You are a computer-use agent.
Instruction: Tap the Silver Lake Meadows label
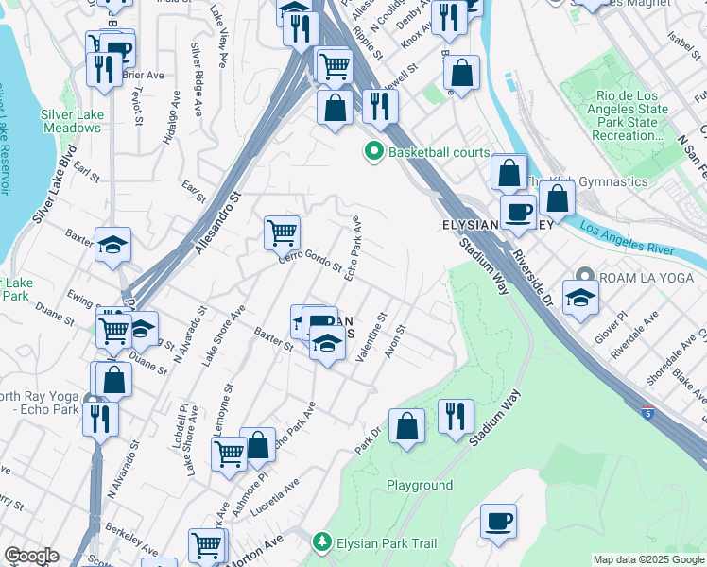coord(71,121)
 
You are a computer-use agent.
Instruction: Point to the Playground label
coord(420,485)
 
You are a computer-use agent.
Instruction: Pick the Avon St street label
coord(394,342)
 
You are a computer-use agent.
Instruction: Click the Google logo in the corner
coord(30,556)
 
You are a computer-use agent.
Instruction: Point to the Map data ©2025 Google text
coord(648,559)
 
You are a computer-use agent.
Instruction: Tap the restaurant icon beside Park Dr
coord(456,416)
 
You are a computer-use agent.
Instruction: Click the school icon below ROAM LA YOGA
coord(580,298)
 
